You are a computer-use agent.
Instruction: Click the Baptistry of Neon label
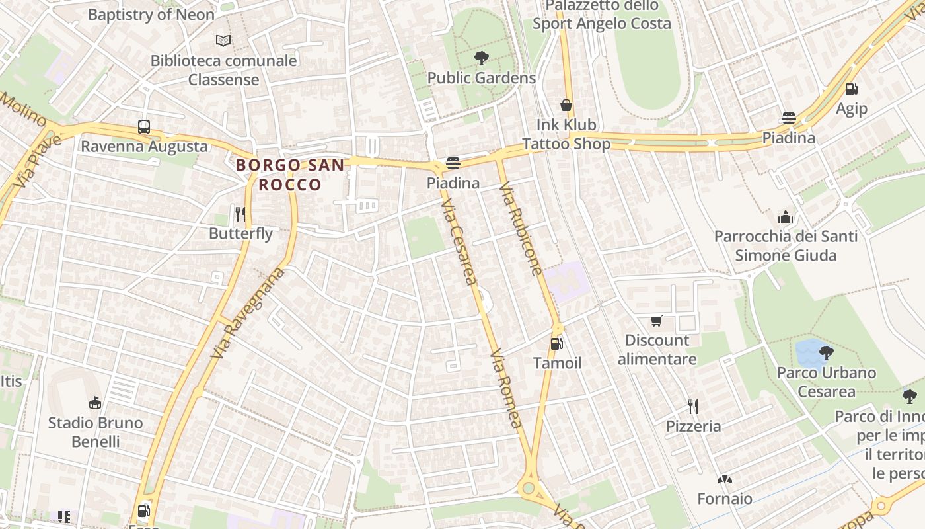pyautogui.click(x=151, y=14)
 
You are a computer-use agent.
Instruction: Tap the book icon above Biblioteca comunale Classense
pyautogui.click(x=224, y=41)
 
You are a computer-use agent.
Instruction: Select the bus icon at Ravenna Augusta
pyautogui.click(x=143, y=126)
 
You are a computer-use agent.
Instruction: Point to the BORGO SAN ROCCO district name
pyautogui.click(x=290, y=175)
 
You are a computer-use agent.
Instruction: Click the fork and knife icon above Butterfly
pyautogui.click(x=240, y=214)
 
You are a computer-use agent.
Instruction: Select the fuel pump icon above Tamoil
pyautogui.click(x=557, y=343)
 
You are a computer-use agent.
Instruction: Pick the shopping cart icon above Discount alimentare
pyautogui.click(x=656, y=321)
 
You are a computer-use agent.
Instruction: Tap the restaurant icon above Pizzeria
pyautogui.click(x=692, y=406)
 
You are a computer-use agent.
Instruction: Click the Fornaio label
pyautogui.click(x=725, y=498)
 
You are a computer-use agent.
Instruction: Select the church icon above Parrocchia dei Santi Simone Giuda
pyautogui.click(x=785, y=216)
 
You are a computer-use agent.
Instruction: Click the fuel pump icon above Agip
pyautogui.click(x=852, y=89)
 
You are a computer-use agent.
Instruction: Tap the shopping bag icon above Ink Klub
pyautogui.click(x=566, y=105)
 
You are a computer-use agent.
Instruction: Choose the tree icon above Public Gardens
pyautogui.click(x=481, y=58)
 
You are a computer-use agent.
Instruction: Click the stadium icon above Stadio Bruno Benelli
pyautogui.click(x=96, y=403)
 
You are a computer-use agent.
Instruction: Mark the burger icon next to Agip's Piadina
pyautogui.click(x=788, y=118)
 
